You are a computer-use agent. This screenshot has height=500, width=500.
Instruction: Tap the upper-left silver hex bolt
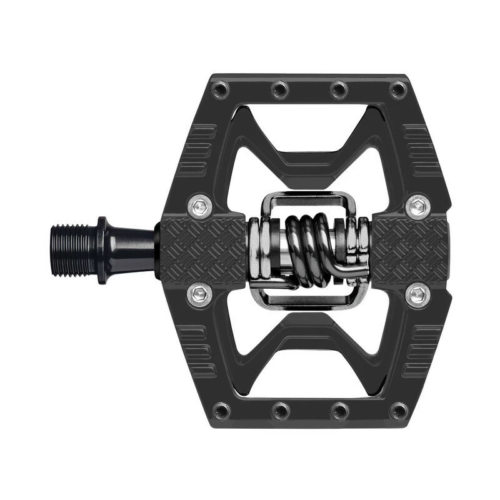pyautogui.click(x=199, y=206)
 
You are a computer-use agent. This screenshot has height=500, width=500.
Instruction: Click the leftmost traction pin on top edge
pyautogui.click(x=221, y=91)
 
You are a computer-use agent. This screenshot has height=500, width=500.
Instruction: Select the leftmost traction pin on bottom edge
pyautogui.click(x=221, y=411)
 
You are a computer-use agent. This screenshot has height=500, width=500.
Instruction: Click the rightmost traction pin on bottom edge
pyautogui.click(x=398, y=411)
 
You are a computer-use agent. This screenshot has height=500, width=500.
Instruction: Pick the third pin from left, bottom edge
pyautogui.click(x=339, y=411)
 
